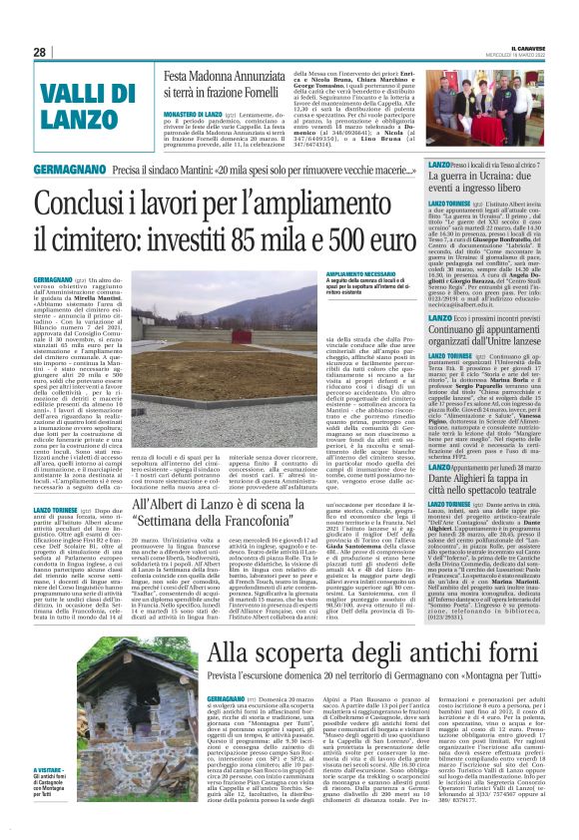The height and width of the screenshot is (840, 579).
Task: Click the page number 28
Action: pos(39,52)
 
